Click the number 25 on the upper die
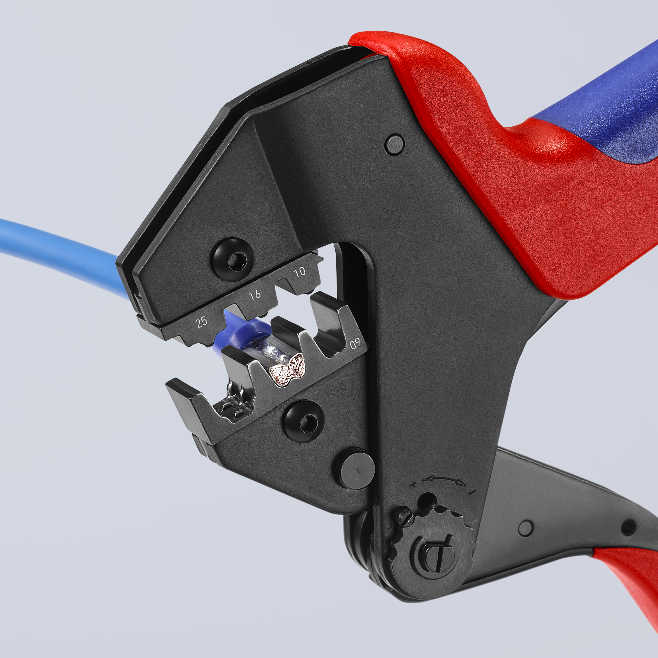click(x=202, y=322)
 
